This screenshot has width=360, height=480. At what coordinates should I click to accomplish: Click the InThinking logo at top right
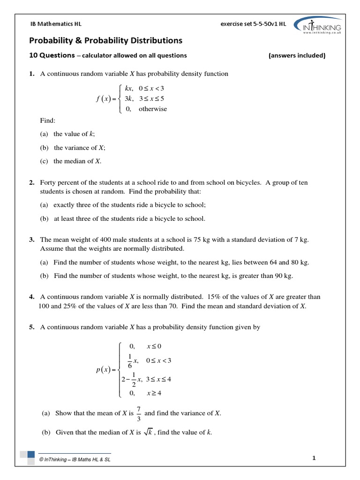[x=319, y=25]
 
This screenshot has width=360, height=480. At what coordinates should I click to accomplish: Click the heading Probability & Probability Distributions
[x=106, y=41]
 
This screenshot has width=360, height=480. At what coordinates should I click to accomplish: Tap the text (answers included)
[x=297, y=55]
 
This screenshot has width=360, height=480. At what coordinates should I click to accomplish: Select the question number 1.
[x=32, y=74]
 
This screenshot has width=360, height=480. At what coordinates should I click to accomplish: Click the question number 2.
[x=32, y=182]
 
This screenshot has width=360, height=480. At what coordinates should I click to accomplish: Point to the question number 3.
[x=32, y=240]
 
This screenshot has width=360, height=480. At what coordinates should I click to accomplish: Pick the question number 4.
[x=32, y=297]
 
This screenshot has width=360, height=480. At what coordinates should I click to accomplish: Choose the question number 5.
[x=32, y=328]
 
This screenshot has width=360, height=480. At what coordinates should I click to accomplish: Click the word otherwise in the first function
[x=152, y=109]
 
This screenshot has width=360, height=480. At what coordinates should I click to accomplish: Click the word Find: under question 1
[x=48, y=120]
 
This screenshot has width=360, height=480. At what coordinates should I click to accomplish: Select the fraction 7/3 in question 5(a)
[x=139, y=413]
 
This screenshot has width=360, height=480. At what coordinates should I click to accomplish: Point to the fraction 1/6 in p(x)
[x=130, y=361]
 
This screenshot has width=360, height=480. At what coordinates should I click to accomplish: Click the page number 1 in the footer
[x=314, y=459]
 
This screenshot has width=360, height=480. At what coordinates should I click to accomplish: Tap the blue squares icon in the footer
[x=28, y=457]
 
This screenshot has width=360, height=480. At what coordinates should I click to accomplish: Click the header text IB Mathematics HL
[x=56, y=24]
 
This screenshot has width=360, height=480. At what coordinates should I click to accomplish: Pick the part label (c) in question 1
[x=44, y=161]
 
